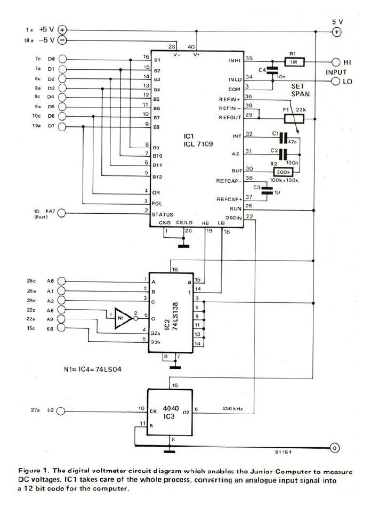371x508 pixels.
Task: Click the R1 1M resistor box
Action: tap(293, 62)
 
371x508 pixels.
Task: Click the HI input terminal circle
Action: tap(336, 62)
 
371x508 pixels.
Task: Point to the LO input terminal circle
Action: tap(336, 82)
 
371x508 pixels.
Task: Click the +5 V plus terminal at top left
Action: tap(62, 30)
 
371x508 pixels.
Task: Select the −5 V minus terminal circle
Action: tap(62, 41)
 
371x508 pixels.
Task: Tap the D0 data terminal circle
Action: tap(62, 59)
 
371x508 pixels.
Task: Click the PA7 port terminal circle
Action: tap(62, 214)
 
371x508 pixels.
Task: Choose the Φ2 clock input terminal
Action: tap(62, 411)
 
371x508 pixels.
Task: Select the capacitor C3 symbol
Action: tap(263, 190)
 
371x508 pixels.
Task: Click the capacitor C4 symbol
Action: tap(272, 69)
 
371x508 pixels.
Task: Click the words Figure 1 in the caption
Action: tap(34, 471)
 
